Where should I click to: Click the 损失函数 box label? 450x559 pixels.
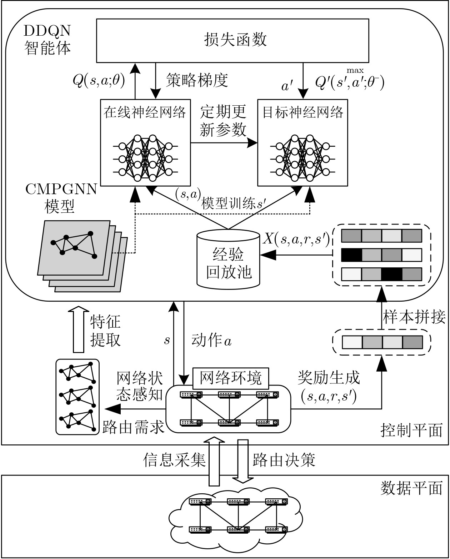tap(235, 40)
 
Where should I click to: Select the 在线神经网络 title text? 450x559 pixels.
tap(145, 112)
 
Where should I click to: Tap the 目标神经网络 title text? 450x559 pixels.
tap(303, 112)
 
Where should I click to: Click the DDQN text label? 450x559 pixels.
tap(47, 31)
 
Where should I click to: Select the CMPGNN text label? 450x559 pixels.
tap(61, 189)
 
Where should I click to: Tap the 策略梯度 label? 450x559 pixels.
tap(197, 80)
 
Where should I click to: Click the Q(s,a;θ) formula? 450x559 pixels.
tap(99, 81)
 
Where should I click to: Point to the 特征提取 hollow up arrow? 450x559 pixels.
tap(78, 329)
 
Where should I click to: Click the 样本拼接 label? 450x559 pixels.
tap(414, 317)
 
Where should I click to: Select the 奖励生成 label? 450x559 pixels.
tap(329, 377)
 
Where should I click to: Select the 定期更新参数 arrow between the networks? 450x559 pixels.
tap(224, 143)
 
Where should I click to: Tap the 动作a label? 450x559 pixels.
tap(211, 341)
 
